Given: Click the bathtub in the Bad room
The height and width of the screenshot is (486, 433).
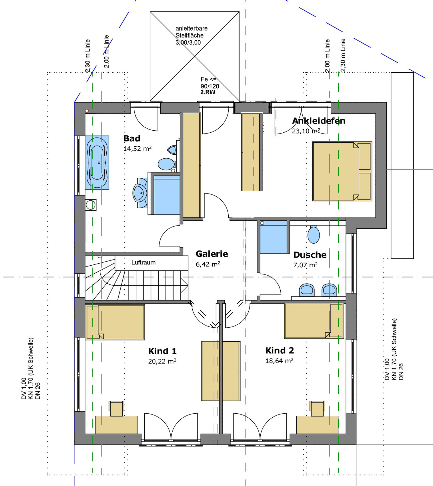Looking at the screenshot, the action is (97, 162).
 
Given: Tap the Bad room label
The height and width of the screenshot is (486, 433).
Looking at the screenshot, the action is (132, 138).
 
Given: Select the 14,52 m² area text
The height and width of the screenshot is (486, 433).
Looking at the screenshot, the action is (137, 148).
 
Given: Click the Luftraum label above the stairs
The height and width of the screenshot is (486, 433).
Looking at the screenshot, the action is (143, 262).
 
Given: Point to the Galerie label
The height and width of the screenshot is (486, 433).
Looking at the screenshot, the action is (212, 254).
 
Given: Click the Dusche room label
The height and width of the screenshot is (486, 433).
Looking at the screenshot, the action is (310, 255).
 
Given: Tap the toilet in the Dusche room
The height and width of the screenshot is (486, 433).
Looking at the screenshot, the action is (314, 234).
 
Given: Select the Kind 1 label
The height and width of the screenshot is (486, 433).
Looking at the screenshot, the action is (162, 351).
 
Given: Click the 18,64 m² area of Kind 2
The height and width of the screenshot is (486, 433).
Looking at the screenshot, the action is (280, 360).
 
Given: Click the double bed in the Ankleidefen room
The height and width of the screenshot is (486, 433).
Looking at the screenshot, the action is (342, 171).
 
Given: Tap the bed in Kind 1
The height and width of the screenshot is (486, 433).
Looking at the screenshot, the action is (115, 322).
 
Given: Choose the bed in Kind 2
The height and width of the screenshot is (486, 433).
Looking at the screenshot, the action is (314, 321).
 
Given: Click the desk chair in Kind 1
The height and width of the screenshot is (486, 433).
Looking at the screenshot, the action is (116, 408).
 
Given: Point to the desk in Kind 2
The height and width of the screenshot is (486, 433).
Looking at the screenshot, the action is (317, 425).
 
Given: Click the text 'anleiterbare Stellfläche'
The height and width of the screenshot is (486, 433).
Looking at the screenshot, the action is (191, 32).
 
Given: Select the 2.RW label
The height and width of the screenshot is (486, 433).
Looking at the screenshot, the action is (208, 92).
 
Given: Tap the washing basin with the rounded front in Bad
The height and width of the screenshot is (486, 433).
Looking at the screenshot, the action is (140, 193).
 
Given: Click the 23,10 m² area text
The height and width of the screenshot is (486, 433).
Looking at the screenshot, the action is (306, 131).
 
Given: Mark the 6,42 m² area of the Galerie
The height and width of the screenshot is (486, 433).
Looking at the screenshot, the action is (208, 264).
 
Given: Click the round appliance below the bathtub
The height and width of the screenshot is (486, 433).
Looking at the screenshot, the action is (91, 205).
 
